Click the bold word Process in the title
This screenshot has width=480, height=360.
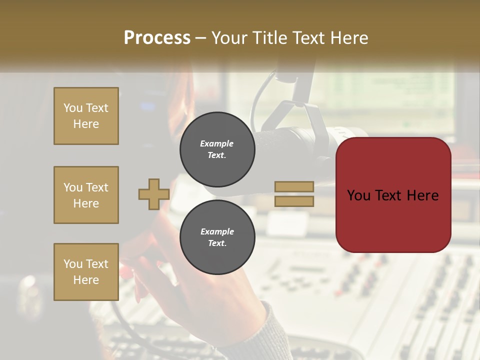tap(157, 37)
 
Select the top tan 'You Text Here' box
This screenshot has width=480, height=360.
tap(86, 116)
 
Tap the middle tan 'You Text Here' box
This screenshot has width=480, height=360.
tap(86, 195)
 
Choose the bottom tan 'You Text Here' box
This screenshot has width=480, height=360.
tap(86, 272)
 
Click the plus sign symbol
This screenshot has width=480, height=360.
tap(153, 194)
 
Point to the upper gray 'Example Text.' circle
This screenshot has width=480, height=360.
tap(217, 149)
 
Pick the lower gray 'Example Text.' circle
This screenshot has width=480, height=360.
tap(217, 237)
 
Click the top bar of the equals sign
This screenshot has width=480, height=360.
tap(294, 186)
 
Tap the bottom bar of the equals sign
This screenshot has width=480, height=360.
tap(294, 201)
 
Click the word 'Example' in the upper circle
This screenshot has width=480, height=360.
tap(217, 143)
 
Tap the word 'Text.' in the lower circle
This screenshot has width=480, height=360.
tap(217, 243)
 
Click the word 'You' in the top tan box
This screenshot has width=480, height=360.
tap(72, 108)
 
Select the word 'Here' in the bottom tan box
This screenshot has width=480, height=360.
tap(86, 280)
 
